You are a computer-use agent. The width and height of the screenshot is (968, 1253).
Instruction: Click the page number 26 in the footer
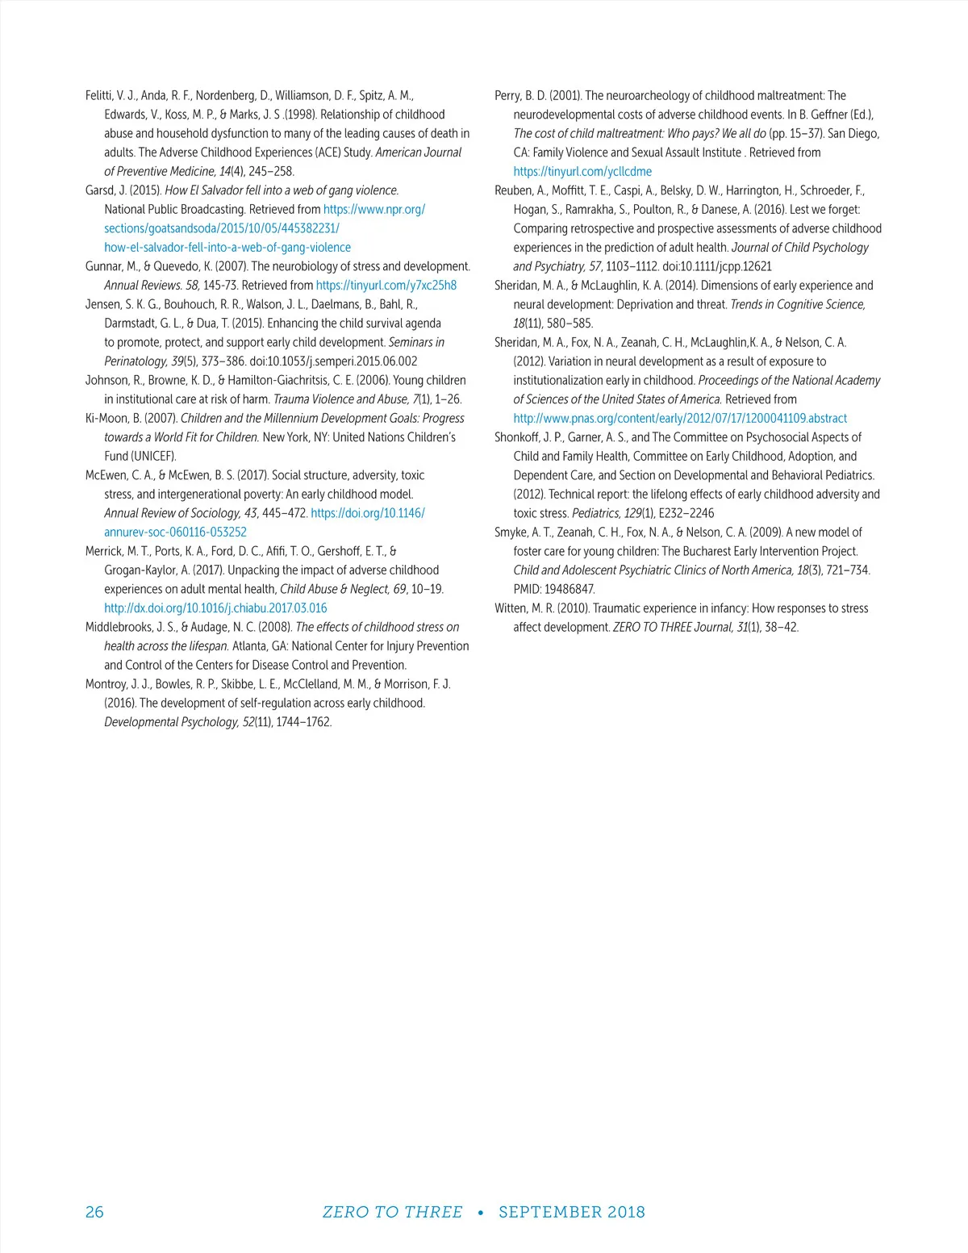pyautogui.click(x=94, y=1212)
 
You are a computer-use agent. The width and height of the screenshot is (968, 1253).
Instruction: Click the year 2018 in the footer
pyautogui.click(x=627, y=1212)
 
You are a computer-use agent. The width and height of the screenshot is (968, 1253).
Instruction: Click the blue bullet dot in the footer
pyautogui.click(x=481, y=1213)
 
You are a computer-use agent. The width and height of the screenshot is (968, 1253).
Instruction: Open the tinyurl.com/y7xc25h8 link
pyautogui.click(x=386, y=286)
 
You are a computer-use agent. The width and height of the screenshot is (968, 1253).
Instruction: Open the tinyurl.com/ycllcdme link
pyautogui.click(x=582, y=172)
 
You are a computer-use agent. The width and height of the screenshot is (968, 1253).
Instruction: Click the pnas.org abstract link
pyautogui.click(x=680, y=419)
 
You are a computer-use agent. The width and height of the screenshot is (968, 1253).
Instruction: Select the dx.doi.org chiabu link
pyautogui.click(x=215, y=608)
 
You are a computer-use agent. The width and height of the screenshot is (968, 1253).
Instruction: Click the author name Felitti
pyautogui.click(x=100, y=96)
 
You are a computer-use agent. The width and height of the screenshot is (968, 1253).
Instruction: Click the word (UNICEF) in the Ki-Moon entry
pyautogui.click(x=153, y=457)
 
